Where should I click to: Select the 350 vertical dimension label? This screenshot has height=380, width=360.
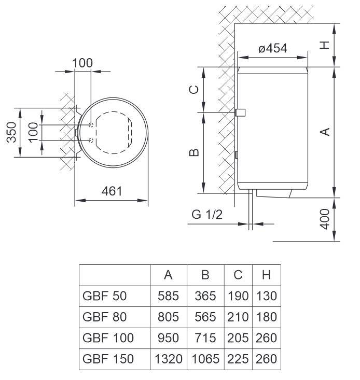pyautogui.click(x=10, y=133)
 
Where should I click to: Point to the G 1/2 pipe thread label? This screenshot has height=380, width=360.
pyautogui.click(x=206, y=215)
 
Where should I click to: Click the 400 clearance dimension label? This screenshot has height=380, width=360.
pyautogui.click(x=325, y=219)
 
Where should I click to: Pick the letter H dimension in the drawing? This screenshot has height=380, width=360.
pyautogui.click(x=325, y=45)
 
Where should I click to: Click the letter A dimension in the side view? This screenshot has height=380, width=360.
pyautogui.click(x=325, y=132)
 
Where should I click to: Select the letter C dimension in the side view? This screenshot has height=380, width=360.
pyautogui.click(x=192, y=90)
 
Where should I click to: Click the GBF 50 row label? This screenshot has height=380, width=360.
pyautogui.click(x=104, y=296)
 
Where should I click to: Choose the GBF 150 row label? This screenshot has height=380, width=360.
pyautogui.click(x=108, y=358)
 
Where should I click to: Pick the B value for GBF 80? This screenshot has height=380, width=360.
pyautogui.click(x=204, y=317)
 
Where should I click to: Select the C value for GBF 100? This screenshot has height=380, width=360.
pyautogui.click(x=238, y=337)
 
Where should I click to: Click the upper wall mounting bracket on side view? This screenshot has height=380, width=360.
pyautogui.click(x=240, y=112)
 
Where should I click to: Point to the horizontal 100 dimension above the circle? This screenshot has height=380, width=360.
pyautogui.click(x=82, y=63)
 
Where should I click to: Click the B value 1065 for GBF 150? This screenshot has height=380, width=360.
pyautogui.click(x=204, y=358)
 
